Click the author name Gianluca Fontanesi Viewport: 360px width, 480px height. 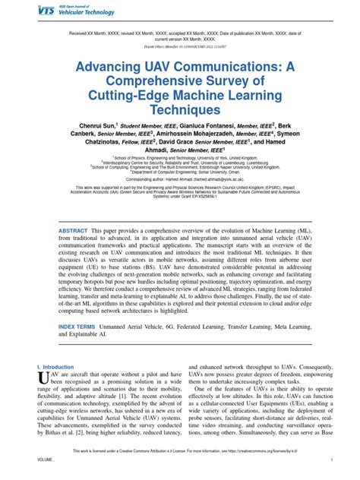pos(207,125)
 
